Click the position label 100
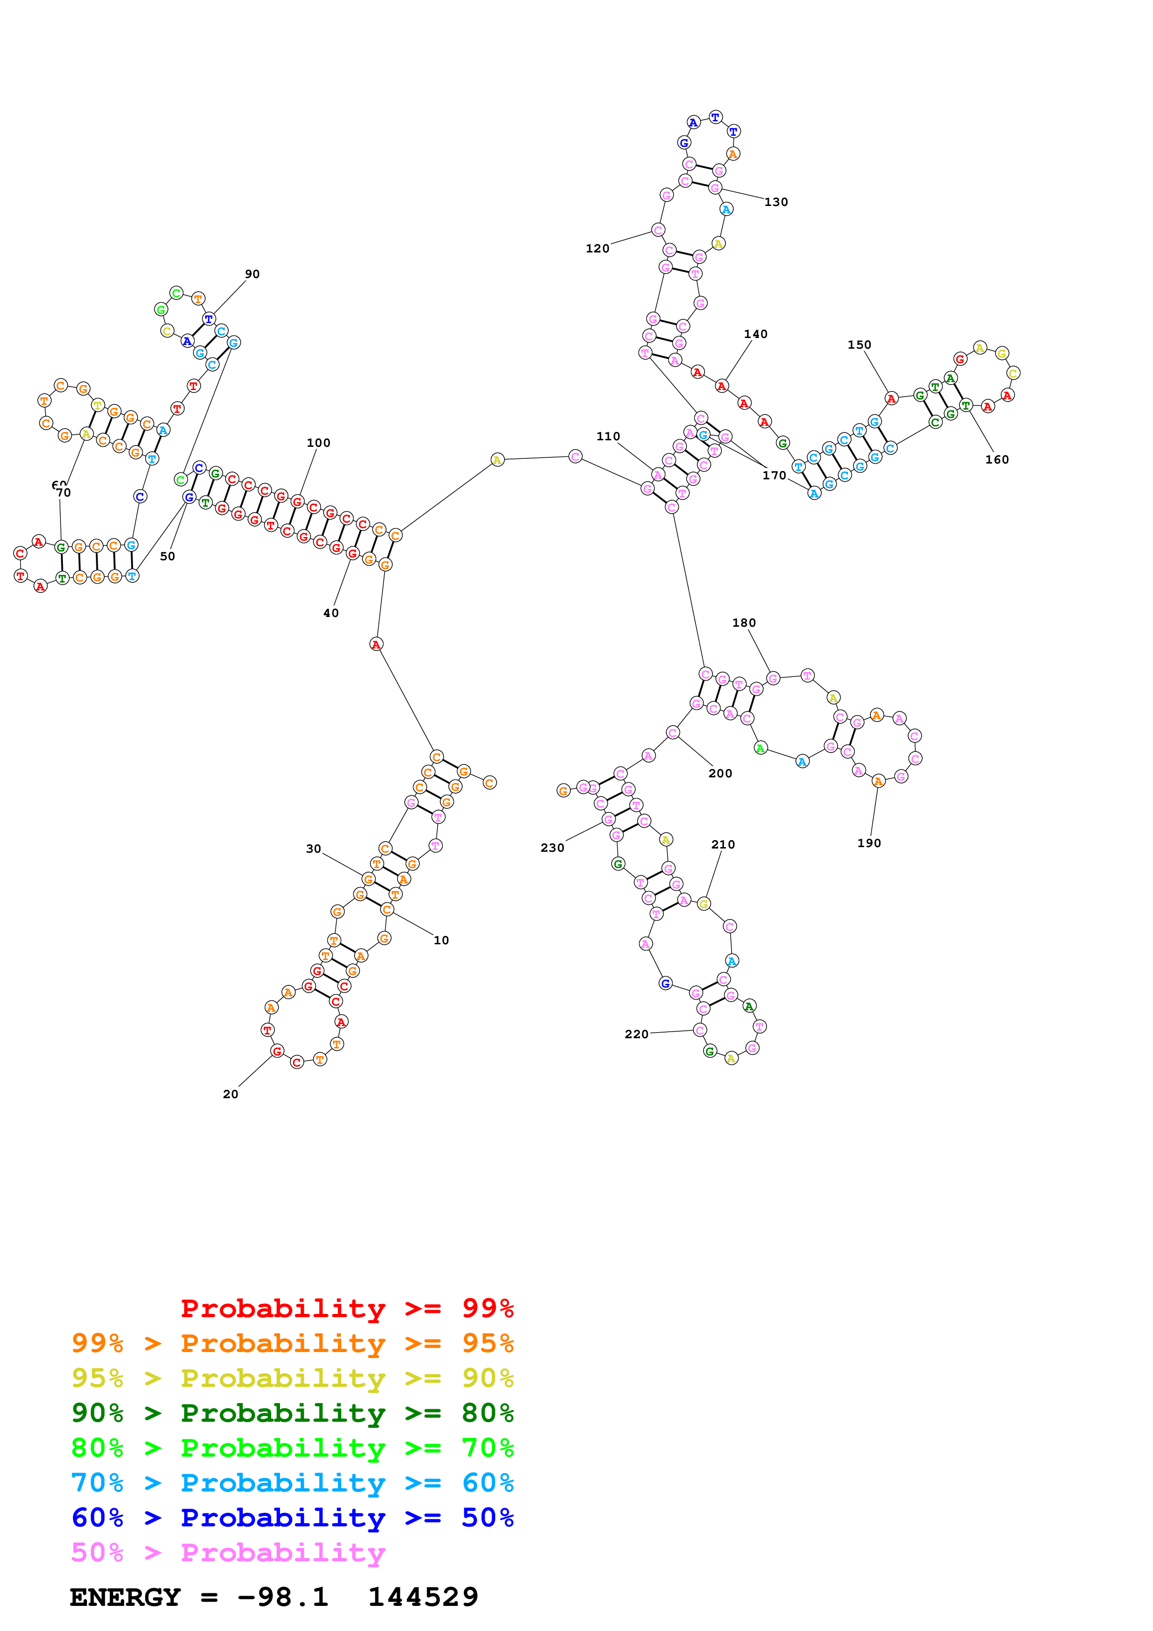click(x=318, y=443)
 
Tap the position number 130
click(x=776, y=202)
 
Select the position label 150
click(x=859, y=345)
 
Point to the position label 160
click(x=997, y=460)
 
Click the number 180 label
click(x=744, y=622)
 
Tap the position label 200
click(x=720, y=773)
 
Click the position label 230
click(x=552, y=848)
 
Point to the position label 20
click(x=230, y=1094)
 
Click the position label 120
click(x=598, y=248)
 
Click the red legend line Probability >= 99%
click(x=347, y=1308)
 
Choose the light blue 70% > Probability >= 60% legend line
click(x=292, y=1483)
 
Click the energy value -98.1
click(x=283, y=1597)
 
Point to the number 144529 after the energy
click(x=423, y=1597)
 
